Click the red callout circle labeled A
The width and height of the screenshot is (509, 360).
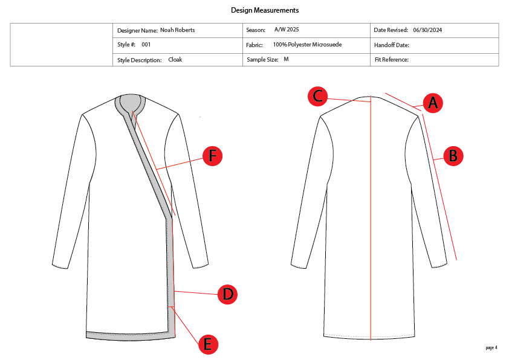pos(432,103)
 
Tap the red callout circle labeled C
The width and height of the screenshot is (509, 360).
pos(318,96)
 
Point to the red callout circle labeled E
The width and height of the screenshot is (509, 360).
pos(207,344)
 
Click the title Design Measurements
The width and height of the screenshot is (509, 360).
pos(265,10)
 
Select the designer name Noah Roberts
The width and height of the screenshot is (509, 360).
pos(177,30)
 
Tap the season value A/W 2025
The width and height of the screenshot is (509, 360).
pos(287,30)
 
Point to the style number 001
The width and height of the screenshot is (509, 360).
pos(146,45)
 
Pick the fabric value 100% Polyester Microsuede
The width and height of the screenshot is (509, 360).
pos(307,45)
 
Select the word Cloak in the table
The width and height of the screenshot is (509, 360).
pos(175,60)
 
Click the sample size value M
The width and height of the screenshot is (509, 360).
pos(286,59)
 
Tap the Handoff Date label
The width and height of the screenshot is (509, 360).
pos(392,45)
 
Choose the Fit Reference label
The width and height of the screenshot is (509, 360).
pos(392,60)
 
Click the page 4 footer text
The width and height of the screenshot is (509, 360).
pos(491,347)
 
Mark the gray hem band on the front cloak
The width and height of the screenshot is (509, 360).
pos(127,334)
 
